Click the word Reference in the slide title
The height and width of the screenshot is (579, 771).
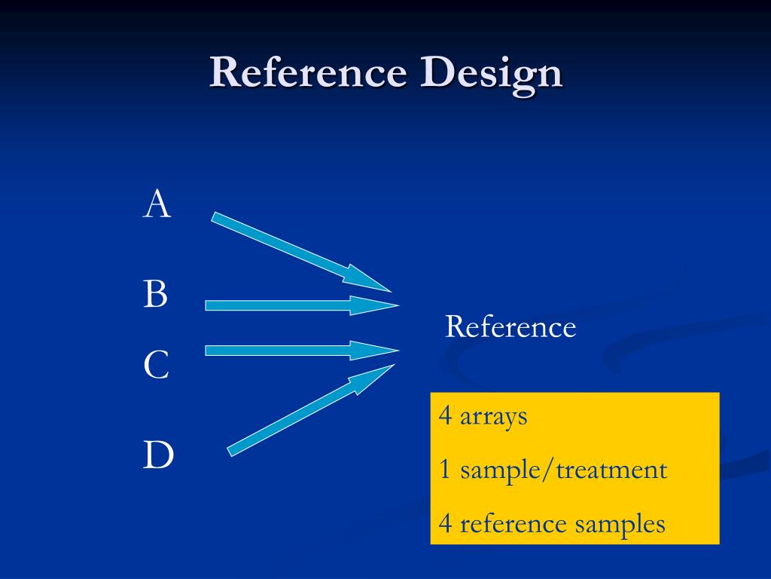coord(308,73)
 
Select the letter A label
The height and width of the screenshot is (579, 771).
coord(157,204)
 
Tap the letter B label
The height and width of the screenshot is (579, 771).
coord(155,294)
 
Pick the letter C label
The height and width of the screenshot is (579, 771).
coord(156,366)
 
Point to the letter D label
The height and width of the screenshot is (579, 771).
coord(158,455)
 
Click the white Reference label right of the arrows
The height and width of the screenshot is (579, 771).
coord(510,327)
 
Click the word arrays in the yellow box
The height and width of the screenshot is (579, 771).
coord(493,417)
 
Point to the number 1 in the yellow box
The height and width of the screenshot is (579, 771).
coord(445,470)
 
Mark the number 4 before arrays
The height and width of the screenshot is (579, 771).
coord(446,416)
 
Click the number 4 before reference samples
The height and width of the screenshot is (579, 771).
coord(446,523)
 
